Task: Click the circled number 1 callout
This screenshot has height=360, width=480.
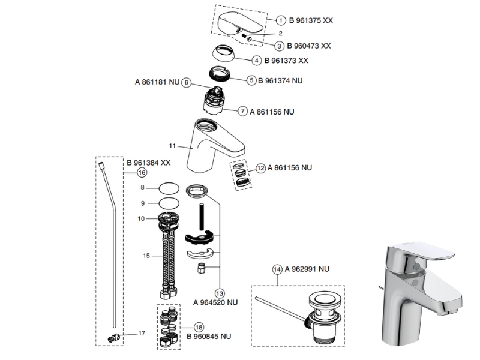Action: pos(281,20)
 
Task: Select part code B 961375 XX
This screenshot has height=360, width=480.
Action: pos(311,20)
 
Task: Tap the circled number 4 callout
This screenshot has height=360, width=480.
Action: pos(257,61)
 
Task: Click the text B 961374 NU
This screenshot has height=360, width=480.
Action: pos(280,80)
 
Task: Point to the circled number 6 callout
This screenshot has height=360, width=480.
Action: pos(186,82)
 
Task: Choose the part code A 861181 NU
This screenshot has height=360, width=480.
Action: pos(157,82)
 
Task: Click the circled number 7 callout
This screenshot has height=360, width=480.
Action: pos(243,111)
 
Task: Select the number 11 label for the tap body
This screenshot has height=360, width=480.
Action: pos(172,146)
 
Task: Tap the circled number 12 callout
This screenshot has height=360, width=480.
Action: pos(260,168)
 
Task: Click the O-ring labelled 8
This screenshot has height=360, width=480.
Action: pos(169,188)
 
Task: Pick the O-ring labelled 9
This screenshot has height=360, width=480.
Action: pos(169,203)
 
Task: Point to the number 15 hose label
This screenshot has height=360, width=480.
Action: pos(146,256)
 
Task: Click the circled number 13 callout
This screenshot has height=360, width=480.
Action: pos(220,293)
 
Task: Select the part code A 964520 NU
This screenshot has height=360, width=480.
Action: pos(215,302)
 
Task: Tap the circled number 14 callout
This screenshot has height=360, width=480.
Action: pos(277,269)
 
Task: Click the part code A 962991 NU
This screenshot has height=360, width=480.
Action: pos(307,269)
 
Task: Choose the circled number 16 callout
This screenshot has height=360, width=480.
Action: pos(142,173)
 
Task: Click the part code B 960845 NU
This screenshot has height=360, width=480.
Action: pos(209,337)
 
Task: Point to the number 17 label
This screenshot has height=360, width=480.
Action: pos(142,333)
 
